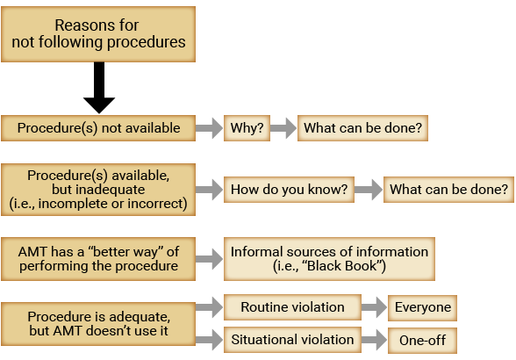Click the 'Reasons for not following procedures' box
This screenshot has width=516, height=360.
[x=98, y=34]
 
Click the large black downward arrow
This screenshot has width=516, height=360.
[x=99, y=88]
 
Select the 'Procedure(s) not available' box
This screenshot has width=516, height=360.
[x=98, y=128]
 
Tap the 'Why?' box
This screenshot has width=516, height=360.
[x=247, y=128]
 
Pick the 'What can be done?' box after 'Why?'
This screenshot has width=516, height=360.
[x=362, y=128]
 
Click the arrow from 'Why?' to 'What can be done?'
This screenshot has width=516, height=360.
[x=283, y=128]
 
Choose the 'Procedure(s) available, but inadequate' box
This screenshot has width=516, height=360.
[x=98, y=190]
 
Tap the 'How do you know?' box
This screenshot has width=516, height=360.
[x=289, y=190]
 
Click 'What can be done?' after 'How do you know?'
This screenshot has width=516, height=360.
[x=449, y=190]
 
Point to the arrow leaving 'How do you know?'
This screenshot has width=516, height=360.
[x=369, y=190]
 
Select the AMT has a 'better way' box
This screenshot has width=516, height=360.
[x=98, y=259]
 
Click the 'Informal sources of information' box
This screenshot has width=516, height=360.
[x=329, y=259]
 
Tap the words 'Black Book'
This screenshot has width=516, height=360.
[x=343, y=266]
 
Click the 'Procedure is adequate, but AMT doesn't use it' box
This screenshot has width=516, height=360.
[x=98, y=324]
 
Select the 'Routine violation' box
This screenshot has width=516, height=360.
[x=292, y=307]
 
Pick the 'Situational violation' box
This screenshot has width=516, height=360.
[x=292, y=340]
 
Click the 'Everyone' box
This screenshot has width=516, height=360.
[x=423, y=307]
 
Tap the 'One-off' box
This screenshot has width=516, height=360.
[x=423, y=341]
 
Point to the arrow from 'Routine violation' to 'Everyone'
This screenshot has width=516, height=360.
[x=375, y=307]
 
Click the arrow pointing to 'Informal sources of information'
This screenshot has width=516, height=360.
[x=209, y=259]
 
